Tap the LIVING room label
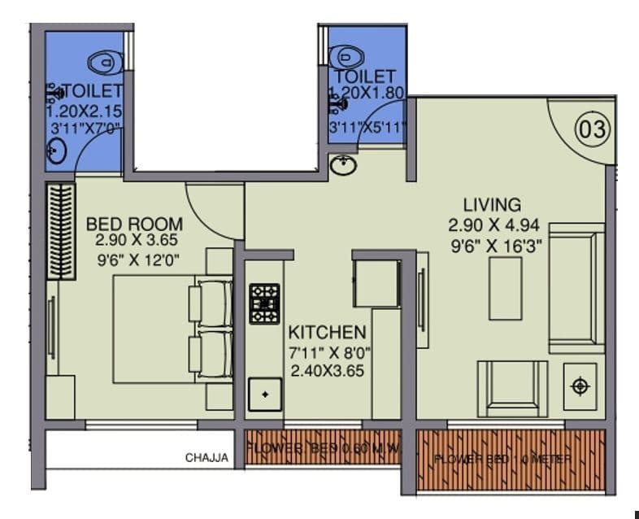click(x=492, y=204)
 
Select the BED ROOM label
click(x=134, y=223)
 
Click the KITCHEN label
click(x=327, y=332)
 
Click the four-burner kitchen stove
click(x=264, y=303)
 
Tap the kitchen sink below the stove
click(x=264, y=395)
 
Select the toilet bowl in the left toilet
click(x=102, y=61)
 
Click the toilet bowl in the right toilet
click(x=347, y=56)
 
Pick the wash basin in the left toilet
click(x=58, y=150)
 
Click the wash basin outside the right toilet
click(x=344, y=165)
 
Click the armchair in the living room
click(x=511, y=387)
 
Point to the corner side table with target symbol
click(x=580, y=386)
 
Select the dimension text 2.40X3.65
click(x=327, y=371)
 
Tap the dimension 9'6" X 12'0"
click(x=137, y=260)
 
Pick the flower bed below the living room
click(x=511, y=460)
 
